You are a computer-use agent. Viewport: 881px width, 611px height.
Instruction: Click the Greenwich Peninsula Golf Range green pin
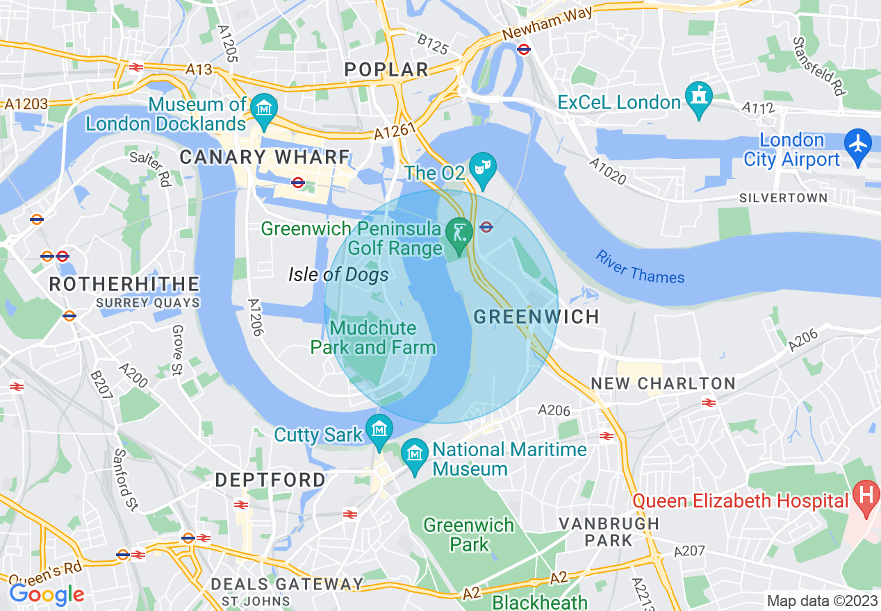[458, 233]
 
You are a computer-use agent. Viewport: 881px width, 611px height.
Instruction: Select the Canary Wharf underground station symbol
[298, 183]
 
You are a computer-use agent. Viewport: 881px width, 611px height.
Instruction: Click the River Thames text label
[639, 267]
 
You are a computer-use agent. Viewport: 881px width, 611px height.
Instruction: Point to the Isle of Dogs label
[338, 275]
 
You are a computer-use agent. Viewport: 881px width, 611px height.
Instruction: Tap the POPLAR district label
[387, 69]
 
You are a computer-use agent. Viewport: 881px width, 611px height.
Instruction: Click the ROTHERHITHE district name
[124, 284]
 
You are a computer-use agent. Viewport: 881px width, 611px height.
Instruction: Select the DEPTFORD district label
[270, 480]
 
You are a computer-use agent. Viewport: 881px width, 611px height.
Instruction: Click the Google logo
[46, 594]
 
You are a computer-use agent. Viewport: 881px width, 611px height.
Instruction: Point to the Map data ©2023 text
[821, 600]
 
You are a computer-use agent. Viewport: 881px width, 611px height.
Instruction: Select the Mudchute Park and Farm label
[373, 337]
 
